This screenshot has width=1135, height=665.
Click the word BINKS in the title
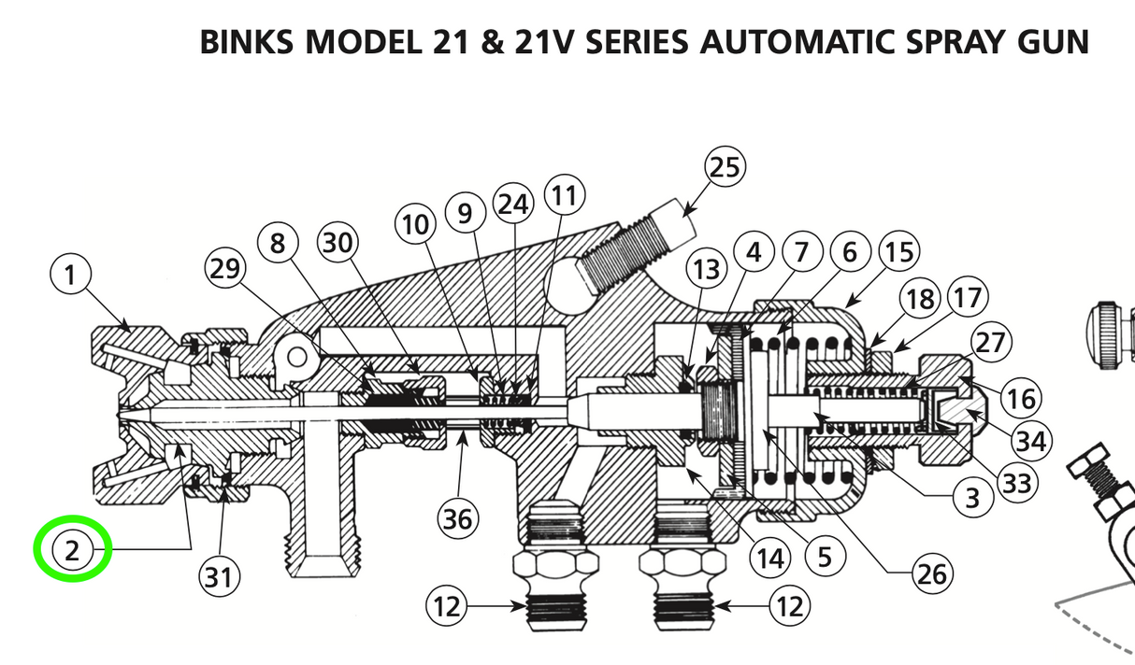[247, 42]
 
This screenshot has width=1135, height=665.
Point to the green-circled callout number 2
[73, 550]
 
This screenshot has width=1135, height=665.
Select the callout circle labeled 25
[726, 168]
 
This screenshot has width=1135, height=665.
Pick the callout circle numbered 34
[1031, 440]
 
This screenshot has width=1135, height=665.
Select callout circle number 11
[563, 196]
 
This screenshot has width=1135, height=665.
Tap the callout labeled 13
[708, 269]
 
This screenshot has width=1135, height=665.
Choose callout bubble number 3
[972, 499]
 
